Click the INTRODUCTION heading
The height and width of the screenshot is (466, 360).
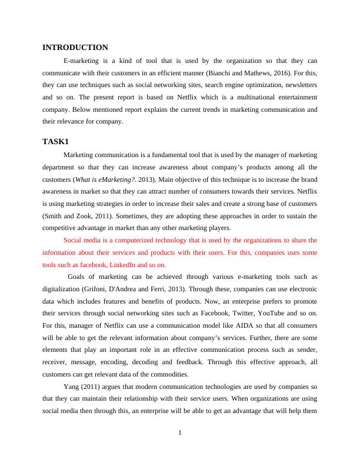[75, 47]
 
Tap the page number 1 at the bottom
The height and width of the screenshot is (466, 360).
[180, 434]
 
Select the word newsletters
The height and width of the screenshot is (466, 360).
[299, 85]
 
